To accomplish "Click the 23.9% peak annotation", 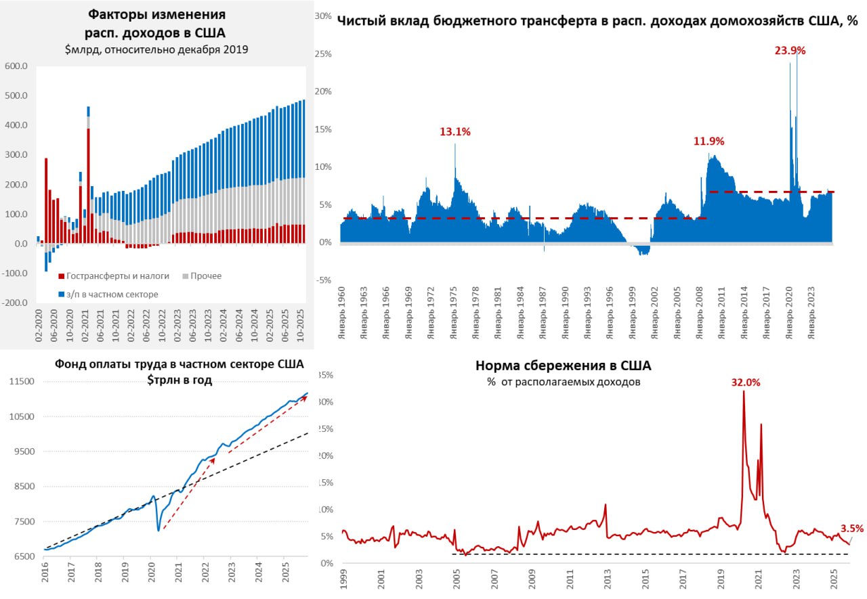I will click(x=790, y=50).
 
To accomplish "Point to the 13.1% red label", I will click(x=454, y=132).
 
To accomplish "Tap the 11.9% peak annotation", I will click(x=709, y=141).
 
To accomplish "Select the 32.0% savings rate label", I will click(x=745, y=382).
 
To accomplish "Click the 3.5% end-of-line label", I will click(x=851, y=529).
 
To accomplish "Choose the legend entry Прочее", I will click(x=206, y=276).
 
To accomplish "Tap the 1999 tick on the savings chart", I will click(x=343, y=578).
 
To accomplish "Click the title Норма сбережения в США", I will click(x=563, y=366).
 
